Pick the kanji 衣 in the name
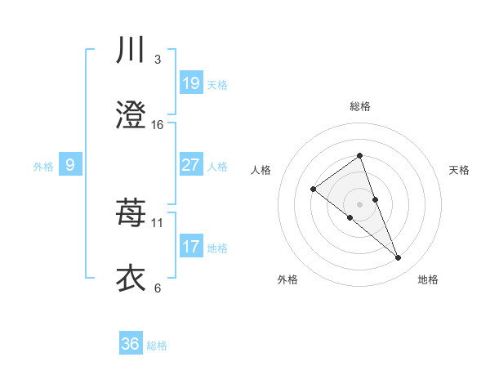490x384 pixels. pyautogui.click(x=131, y=278)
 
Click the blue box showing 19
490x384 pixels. pyautogui.click(x=191, y=83)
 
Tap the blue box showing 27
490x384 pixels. pyautogui.click(x=191, y=165)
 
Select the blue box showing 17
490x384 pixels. pyautogui.click(x=191, y=247)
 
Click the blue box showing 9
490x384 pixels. pyautogui.click(x=70, y=165)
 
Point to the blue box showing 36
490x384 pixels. pyautogui.click(x=131, y=344)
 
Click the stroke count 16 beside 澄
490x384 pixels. pyautogui.click(x=158, y=124)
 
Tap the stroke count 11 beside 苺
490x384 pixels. pyautogui.click(x=158, y=222)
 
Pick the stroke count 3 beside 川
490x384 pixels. pyautogui.click(x=158, y=59)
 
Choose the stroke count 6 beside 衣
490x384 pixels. pyautogui.click(x=158, y=288)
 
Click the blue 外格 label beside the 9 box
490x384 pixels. pyautogui.click(x=43, y=167)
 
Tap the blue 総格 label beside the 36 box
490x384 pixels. pyautogui.click(x=157, y=346)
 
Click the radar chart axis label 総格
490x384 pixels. pyautogui.click(x=359, y=106)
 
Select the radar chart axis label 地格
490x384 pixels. pyautogui.click(x=428, y=279)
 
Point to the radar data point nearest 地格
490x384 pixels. pyautogui.click(x=399, y=258)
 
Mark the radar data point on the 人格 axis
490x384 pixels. pyautogui.click(x=313, y=190)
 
